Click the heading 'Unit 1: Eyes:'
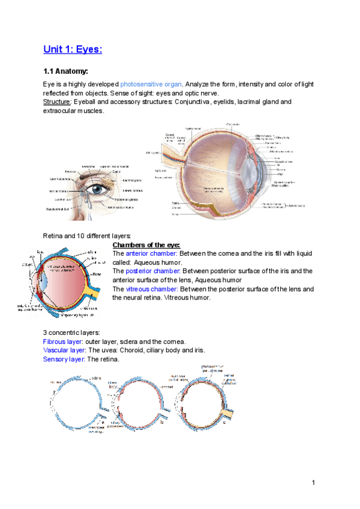[x=73, y=48]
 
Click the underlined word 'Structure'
[x=56, y=102]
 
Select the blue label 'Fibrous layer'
[x=64, y=341]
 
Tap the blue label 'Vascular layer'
[x=65, y=350]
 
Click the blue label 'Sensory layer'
[x=64, y=359]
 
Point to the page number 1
[x=313, y=483]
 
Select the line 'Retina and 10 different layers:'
[x=87, y=236]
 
